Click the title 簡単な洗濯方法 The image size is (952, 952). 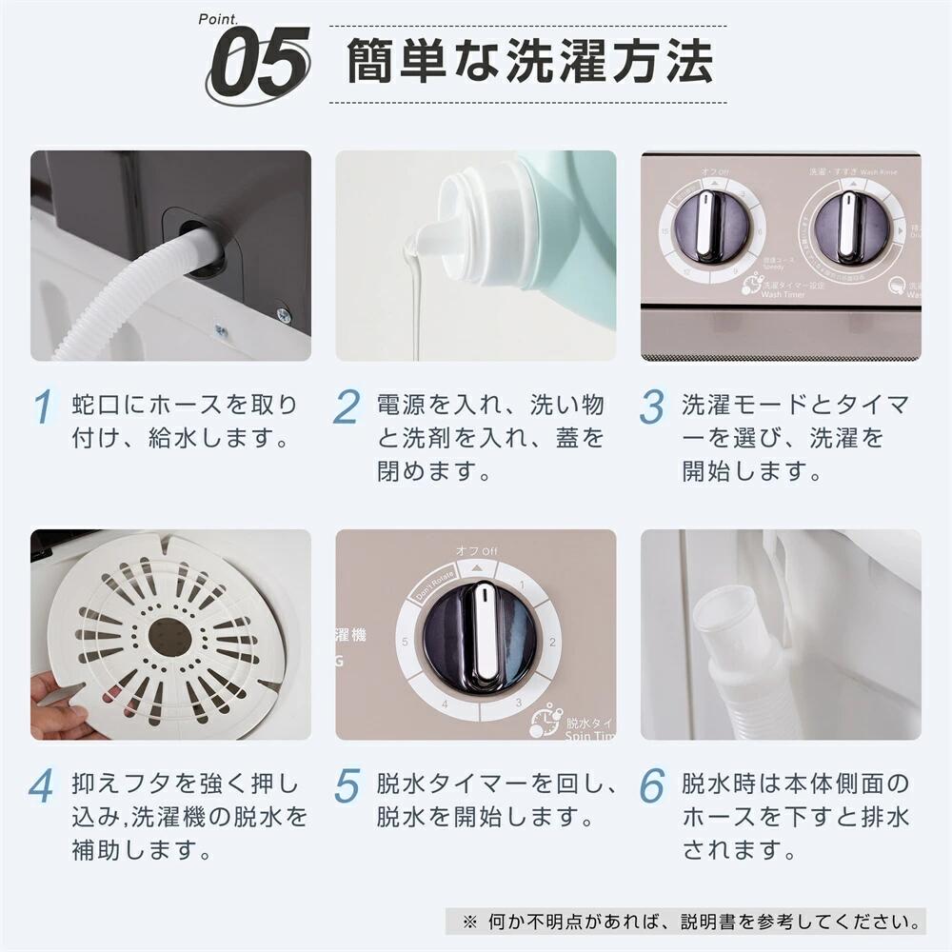[x=528, y=62]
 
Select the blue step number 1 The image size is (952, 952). [x=43, y=407]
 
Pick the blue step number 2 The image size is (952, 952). [x=347, y=407]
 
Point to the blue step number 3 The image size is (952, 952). [x=652, y=407]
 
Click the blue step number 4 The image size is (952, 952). [x=43, y=786]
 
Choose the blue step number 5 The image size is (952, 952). [x=347, y=786]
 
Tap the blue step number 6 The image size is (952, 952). [x=652, y=786]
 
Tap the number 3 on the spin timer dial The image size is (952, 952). [x=519, y=702]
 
